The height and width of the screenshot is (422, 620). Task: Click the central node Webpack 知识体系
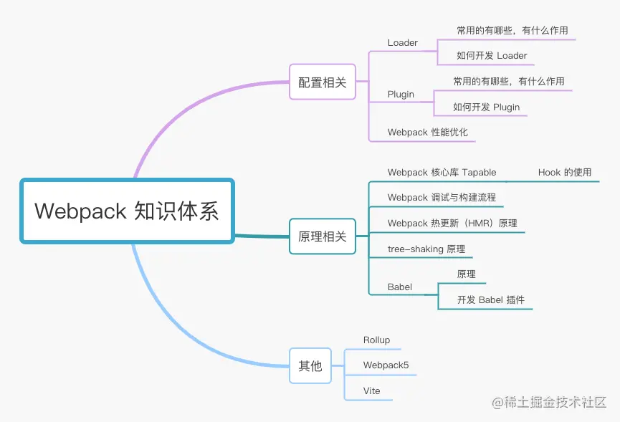[127, 211]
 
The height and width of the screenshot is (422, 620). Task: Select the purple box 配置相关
[322, 82]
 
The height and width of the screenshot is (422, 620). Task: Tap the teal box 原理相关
[322, 236]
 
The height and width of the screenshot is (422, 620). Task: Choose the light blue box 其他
[310, 365]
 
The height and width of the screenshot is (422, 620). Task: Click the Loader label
[403, 43]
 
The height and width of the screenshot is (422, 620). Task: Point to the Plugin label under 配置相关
[401, 95]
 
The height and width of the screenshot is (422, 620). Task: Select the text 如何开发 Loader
[492, 56]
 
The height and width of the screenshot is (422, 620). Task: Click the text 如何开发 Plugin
[486, 107]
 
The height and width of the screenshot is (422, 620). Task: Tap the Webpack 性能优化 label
[427, 133]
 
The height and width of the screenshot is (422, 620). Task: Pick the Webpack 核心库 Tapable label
[442, 173]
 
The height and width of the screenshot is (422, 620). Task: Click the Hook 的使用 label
[565, 173]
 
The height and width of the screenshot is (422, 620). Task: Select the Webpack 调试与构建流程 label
[442, 198]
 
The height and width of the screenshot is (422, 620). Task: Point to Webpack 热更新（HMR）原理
[452, 224]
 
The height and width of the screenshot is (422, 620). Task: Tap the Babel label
[400, 287]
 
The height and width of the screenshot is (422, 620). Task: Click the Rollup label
[376, 340]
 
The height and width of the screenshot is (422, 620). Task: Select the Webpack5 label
[386, 365]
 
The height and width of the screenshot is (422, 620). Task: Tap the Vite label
[371, 391]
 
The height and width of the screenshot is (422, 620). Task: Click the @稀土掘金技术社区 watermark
[549, 403]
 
